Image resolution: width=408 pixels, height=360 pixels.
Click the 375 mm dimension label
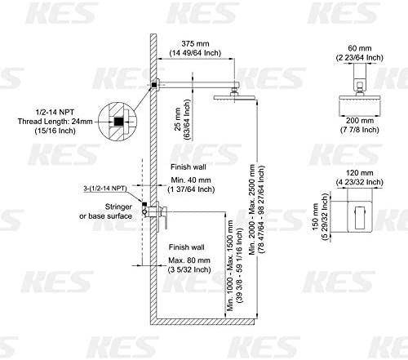195,43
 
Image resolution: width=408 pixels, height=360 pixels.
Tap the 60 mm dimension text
360,48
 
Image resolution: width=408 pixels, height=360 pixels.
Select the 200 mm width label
360,120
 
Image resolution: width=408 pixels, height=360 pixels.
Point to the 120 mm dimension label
360,173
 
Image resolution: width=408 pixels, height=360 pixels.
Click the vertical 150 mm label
315,217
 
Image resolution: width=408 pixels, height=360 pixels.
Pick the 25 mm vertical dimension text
178,119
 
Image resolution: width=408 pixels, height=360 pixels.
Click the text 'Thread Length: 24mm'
55,122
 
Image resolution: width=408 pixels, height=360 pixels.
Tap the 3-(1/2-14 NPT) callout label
105,189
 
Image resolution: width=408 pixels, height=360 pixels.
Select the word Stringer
118,207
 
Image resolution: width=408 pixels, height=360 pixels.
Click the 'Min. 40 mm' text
191,180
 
